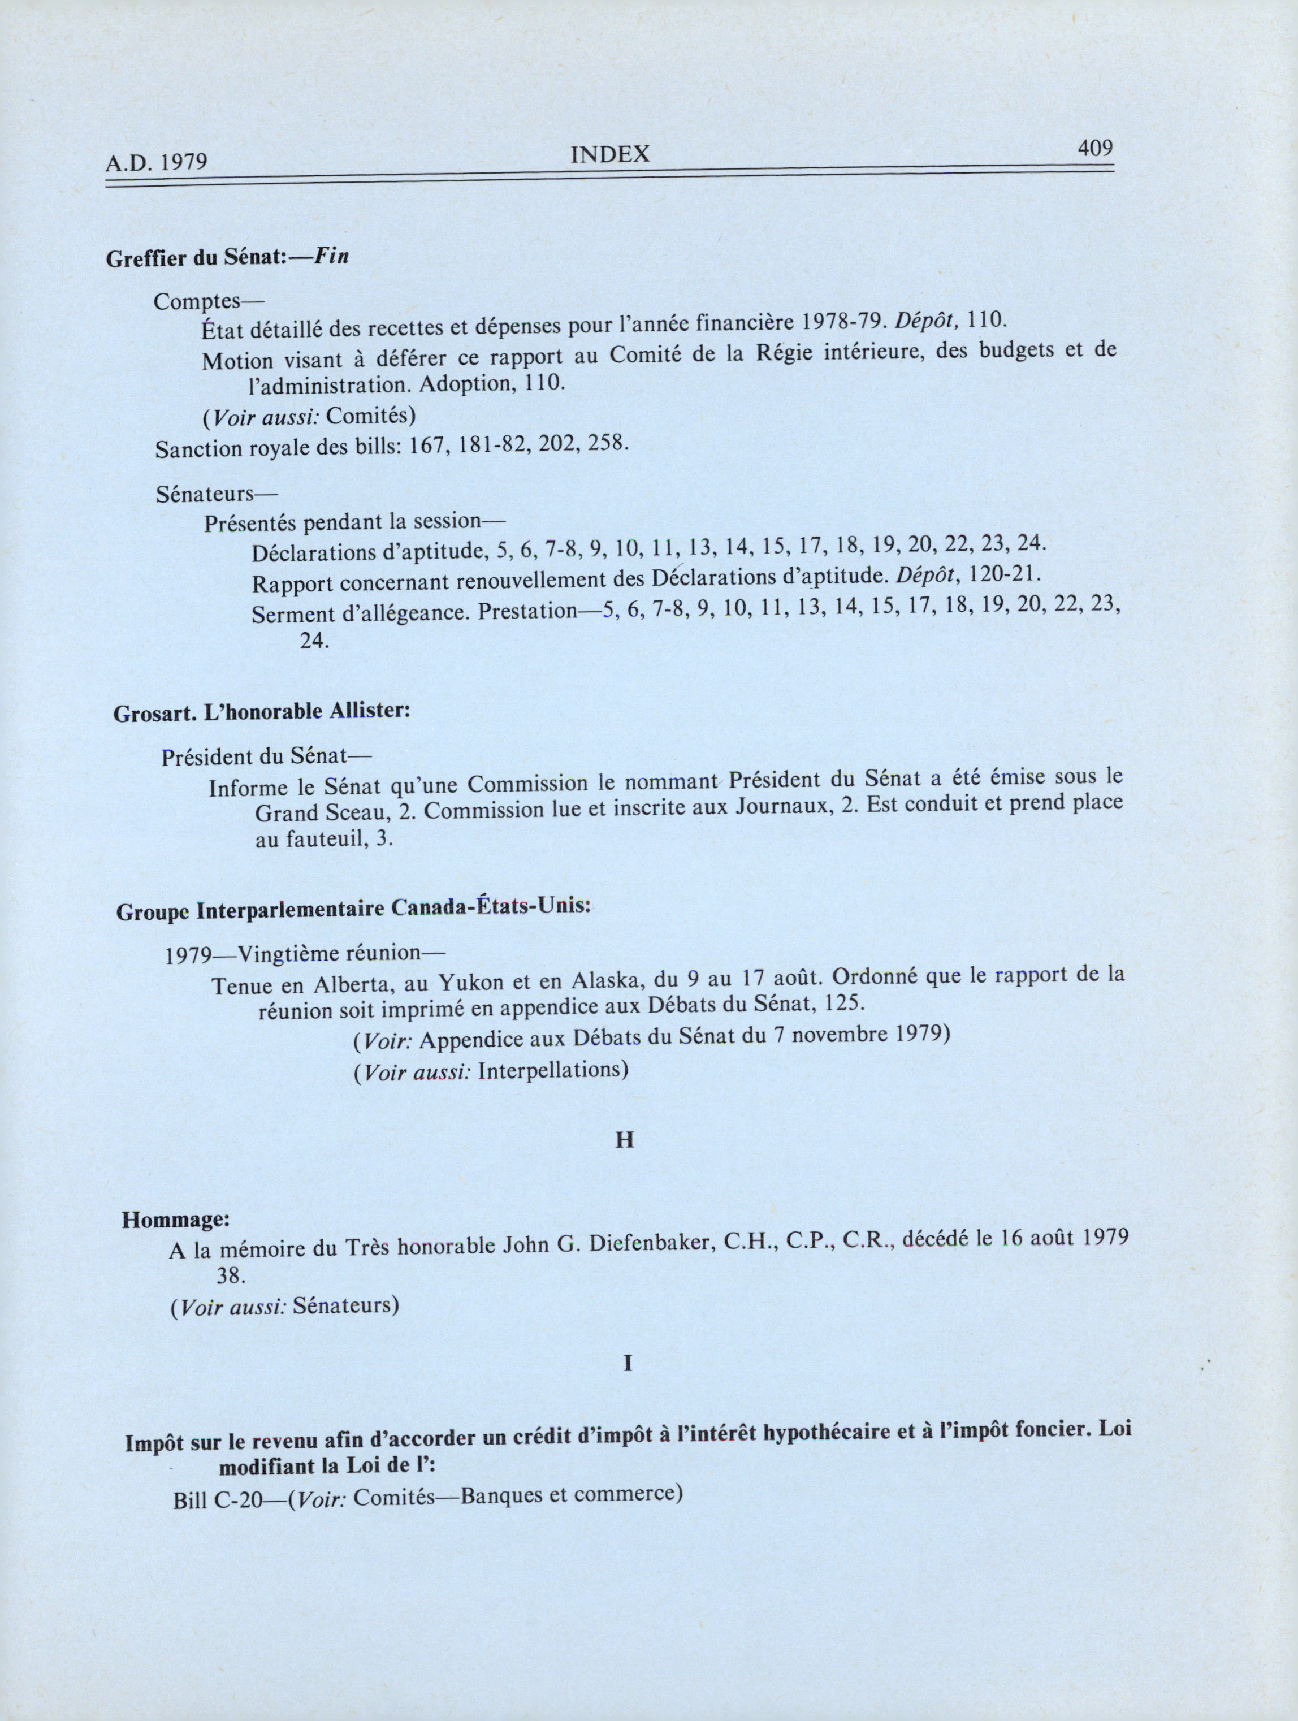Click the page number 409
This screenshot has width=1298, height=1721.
coord(1095,148)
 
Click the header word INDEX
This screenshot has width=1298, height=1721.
coord(610,155)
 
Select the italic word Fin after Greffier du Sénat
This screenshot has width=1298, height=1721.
coord(331,257)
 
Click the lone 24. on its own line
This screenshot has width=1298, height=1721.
coord(315,641)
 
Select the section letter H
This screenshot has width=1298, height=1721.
coord(625,1140)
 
